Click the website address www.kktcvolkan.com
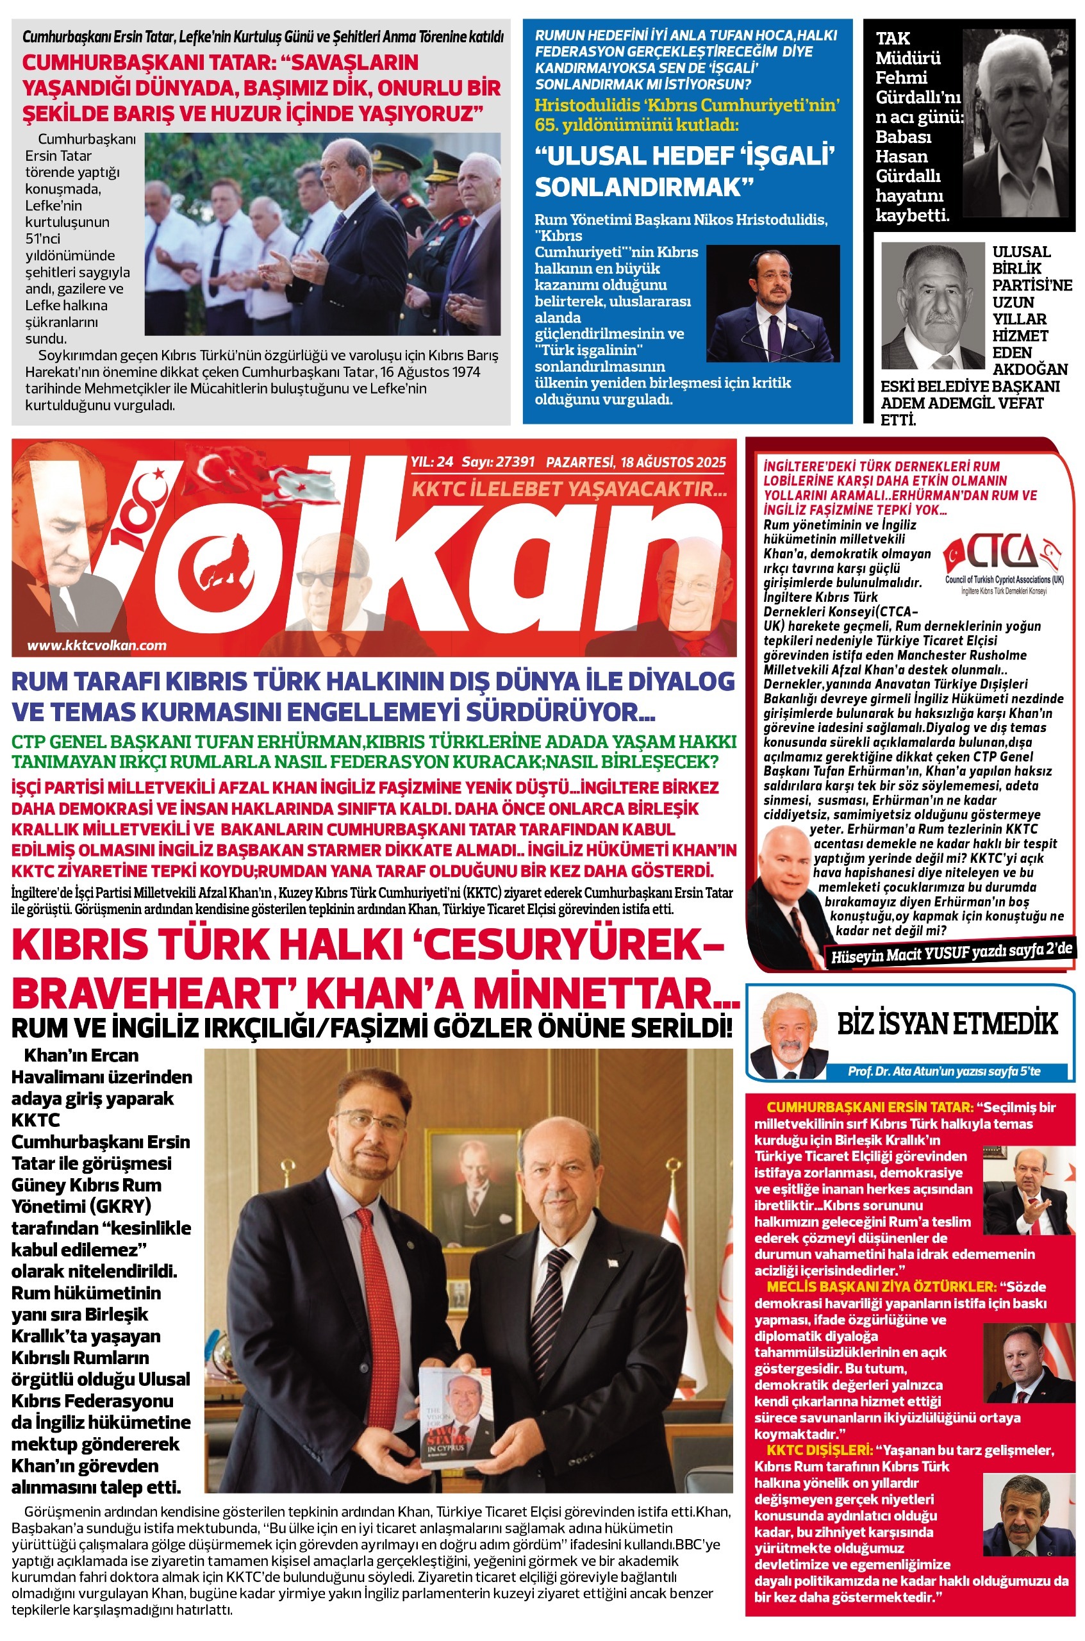tap(97, 645)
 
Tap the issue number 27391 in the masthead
tap(516, 462)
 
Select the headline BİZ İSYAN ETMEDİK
tap(947, 1024)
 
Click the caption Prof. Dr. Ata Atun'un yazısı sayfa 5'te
tap(944, 1070)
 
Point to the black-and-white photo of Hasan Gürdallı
tap(1015, 126)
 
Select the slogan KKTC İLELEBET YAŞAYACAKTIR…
tap(569, 489)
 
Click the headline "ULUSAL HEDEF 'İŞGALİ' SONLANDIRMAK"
tap(684, 171)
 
